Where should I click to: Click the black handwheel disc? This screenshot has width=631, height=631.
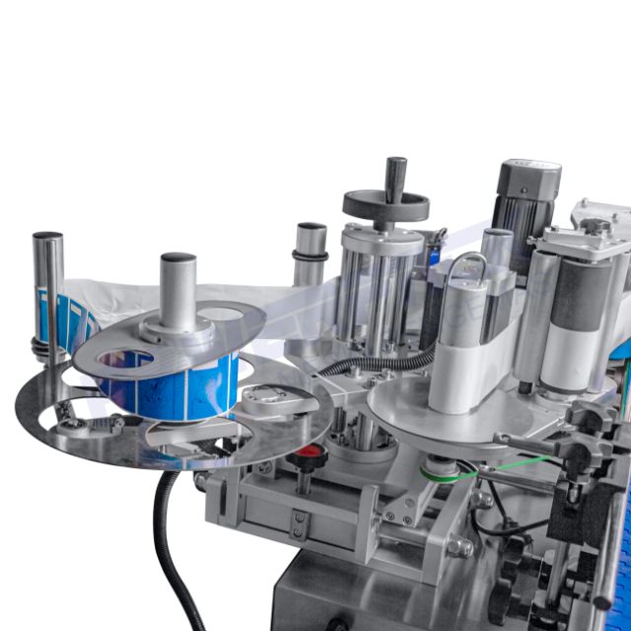point(386,206)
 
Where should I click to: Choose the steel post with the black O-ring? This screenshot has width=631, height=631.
point(311,251)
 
